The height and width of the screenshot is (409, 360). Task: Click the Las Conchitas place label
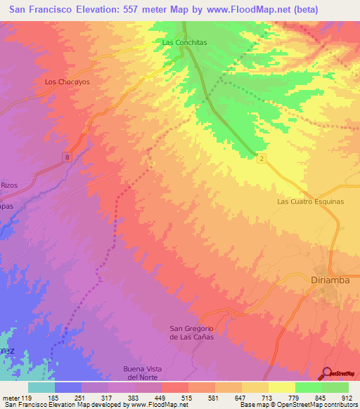click(184, 42)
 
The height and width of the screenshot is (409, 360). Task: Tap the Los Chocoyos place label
click(67, 82)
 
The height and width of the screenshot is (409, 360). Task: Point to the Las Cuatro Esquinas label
click(310, 201)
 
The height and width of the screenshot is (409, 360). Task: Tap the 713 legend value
click(266, 398)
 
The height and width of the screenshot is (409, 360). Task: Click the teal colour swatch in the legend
click(41, 387)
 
